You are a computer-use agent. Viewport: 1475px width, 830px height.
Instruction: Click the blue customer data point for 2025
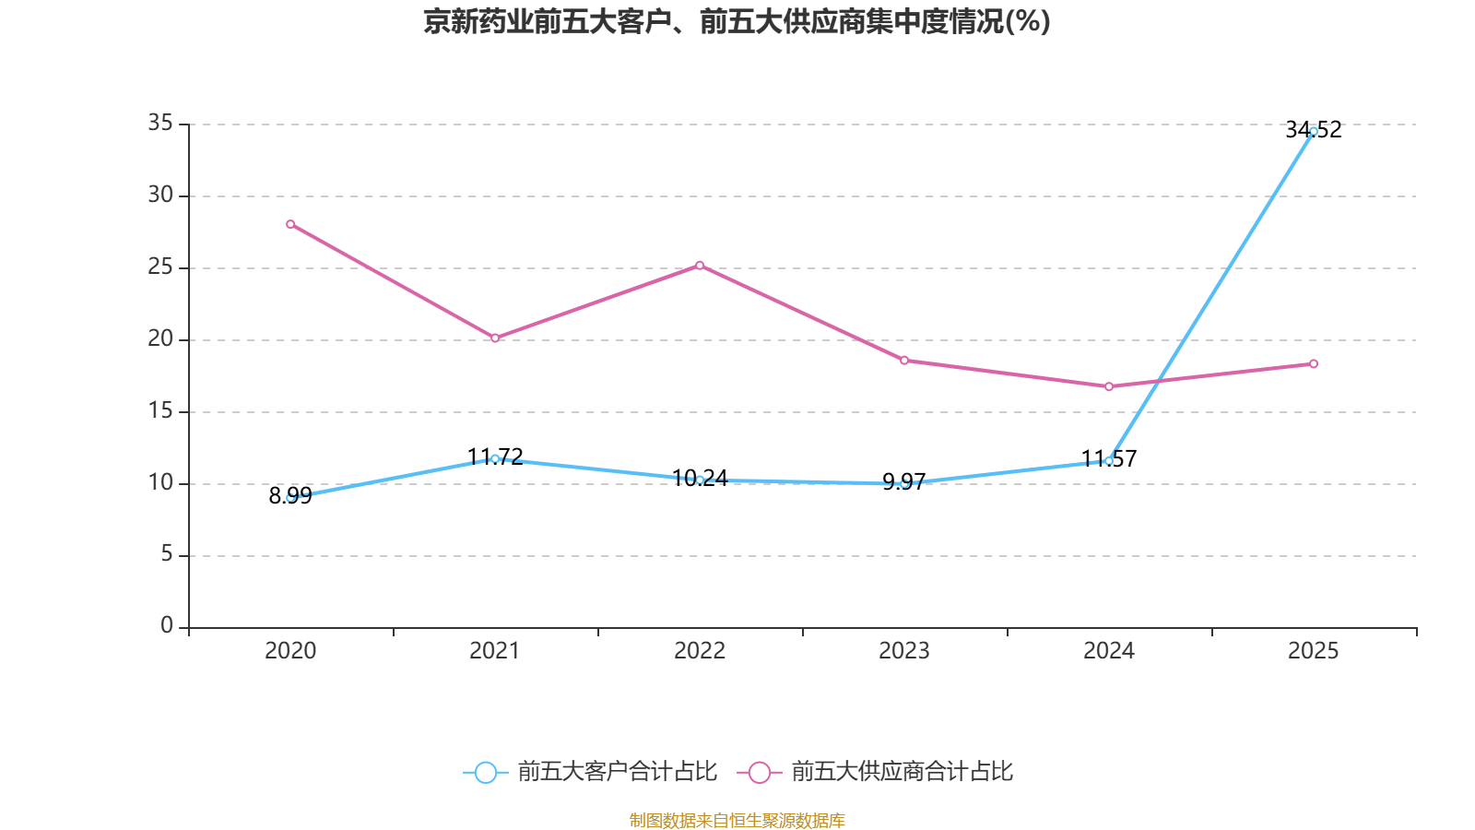tap(1314, 131)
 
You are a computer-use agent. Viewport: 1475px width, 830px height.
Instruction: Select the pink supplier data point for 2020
tap(290, 224)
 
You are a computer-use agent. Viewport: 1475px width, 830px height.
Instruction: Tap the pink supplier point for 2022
tap(700, 265)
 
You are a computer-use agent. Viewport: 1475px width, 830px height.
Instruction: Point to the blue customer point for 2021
tap(495, 458)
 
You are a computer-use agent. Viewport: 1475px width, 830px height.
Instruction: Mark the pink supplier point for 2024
tap(1109, 386)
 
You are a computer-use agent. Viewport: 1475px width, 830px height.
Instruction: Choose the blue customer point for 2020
tap(290, 497)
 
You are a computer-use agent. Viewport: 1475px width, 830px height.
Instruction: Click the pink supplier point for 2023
tap(904, 361)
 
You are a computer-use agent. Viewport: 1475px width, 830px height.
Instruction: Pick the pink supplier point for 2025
tap(1314, 364)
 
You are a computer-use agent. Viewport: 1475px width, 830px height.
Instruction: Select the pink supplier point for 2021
tap(495, 338)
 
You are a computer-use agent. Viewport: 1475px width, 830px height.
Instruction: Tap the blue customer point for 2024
tap(1109, 460)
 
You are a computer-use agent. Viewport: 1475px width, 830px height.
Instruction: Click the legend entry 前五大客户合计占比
tap(591, 772)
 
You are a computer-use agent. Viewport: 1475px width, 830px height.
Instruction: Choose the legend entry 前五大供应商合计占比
tap(876, 772)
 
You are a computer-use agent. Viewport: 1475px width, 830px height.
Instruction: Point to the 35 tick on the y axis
tap(160, 123)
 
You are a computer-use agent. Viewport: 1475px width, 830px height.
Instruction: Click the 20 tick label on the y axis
tap(160, 338)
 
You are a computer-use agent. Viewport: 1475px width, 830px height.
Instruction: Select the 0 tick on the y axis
tap(167, 626)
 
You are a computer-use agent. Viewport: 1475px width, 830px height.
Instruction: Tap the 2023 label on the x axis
tap(904, 651)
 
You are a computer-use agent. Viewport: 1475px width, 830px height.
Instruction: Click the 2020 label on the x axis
tap(290, 651)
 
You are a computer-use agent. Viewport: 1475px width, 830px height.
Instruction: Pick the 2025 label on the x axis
tap(1314, 651)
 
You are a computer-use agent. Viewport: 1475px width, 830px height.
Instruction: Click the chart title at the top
tap(737, 21)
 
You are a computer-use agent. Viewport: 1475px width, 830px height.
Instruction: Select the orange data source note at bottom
tap(737, 820)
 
